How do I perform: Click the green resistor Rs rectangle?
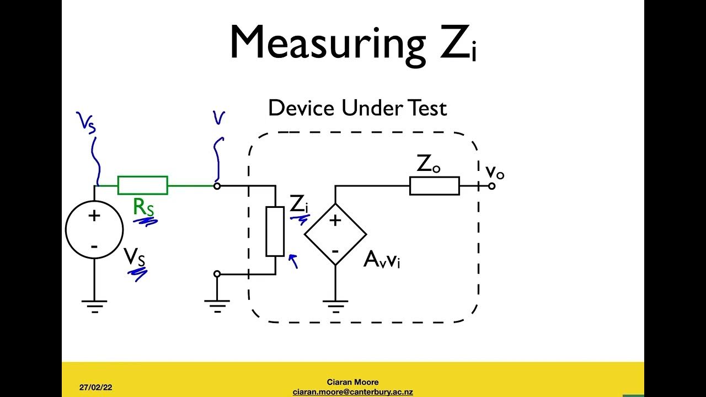click(142, 186)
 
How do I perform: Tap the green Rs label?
click(143, 207)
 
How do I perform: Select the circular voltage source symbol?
click(94, 230)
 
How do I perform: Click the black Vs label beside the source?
click(135, 257)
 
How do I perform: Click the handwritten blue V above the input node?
click(219, 117)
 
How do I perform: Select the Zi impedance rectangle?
click(275, 231)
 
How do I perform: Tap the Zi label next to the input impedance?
click(298, 205)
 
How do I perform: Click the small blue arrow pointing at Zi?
click(293, 260)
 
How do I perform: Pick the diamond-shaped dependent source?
click(335, 234)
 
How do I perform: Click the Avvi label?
click(382, 259)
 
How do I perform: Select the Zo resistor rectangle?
click(434, 186)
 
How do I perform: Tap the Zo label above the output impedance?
click(428, 164)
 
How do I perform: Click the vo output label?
click(495, 172)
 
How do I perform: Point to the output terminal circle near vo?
click(491, 186)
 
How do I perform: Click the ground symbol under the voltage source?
click(94, 305)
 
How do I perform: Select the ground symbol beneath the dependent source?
click(335, 305)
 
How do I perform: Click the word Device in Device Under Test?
click(301, 108)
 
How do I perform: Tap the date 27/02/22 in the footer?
click(95, 388)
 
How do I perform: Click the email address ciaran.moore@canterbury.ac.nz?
click(353, 392)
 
